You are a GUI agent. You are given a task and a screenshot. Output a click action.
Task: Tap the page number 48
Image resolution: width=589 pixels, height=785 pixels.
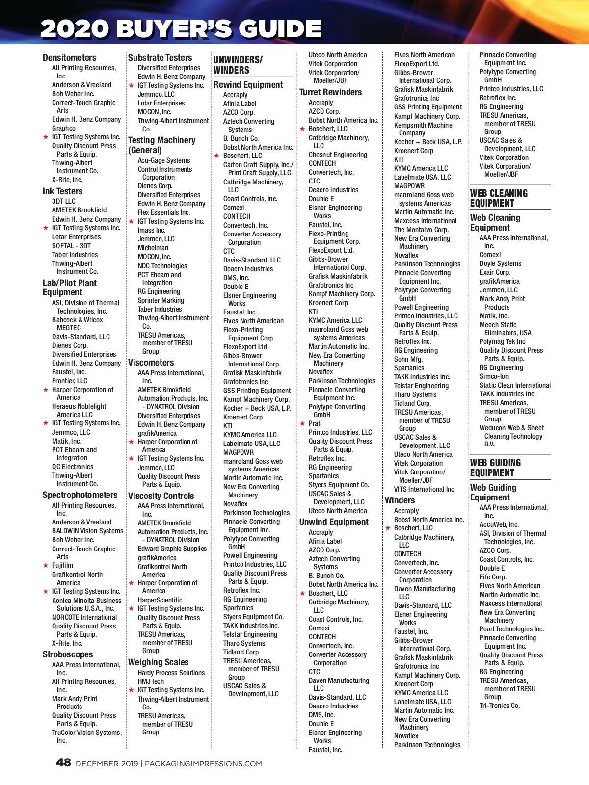(x=63, y=762)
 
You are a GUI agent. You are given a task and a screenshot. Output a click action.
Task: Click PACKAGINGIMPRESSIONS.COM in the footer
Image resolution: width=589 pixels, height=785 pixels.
(x=203, y=763)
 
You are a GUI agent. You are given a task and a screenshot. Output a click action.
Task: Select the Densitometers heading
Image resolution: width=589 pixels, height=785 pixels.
(x=69, y=58)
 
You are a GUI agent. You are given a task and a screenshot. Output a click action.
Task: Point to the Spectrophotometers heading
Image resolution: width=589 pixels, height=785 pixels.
(x=80, y=495)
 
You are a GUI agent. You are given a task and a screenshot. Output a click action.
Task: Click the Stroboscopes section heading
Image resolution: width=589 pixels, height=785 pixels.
(x=67, y=654)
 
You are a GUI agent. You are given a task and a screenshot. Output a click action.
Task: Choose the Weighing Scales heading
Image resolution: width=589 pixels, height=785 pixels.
(x=158, y=662)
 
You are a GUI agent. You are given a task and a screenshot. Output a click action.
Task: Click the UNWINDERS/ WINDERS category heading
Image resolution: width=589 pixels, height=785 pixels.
(x=238, y=65)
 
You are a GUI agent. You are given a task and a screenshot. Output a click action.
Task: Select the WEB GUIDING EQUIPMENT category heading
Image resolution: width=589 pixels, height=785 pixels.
(x=495, y=468)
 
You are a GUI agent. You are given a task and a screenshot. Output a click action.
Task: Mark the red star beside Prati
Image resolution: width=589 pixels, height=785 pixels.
(x=302, y=423)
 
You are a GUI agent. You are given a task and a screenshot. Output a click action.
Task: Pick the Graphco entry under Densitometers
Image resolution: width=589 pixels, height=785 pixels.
(x=64, y=128)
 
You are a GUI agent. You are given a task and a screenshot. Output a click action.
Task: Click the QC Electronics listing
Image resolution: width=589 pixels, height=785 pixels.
(x=73, y=467)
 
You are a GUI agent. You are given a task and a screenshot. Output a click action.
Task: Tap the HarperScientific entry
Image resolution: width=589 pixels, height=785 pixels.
(x=160, y=600)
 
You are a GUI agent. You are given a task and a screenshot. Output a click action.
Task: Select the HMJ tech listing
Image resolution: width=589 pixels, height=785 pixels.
(x=151, y=681)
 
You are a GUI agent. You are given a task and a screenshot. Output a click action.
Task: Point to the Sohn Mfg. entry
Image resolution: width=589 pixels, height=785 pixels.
(x=408, y=359)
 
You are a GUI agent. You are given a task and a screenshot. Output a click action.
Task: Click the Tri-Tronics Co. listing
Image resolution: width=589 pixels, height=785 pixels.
(x=499, y=706)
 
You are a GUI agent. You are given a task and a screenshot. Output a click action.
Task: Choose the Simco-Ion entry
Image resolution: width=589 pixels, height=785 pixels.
(x=494, y=376)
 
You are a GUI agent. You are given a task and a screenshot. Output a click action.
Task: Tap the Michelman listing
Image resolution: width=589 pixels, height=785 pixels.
(x=153, y=248)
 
